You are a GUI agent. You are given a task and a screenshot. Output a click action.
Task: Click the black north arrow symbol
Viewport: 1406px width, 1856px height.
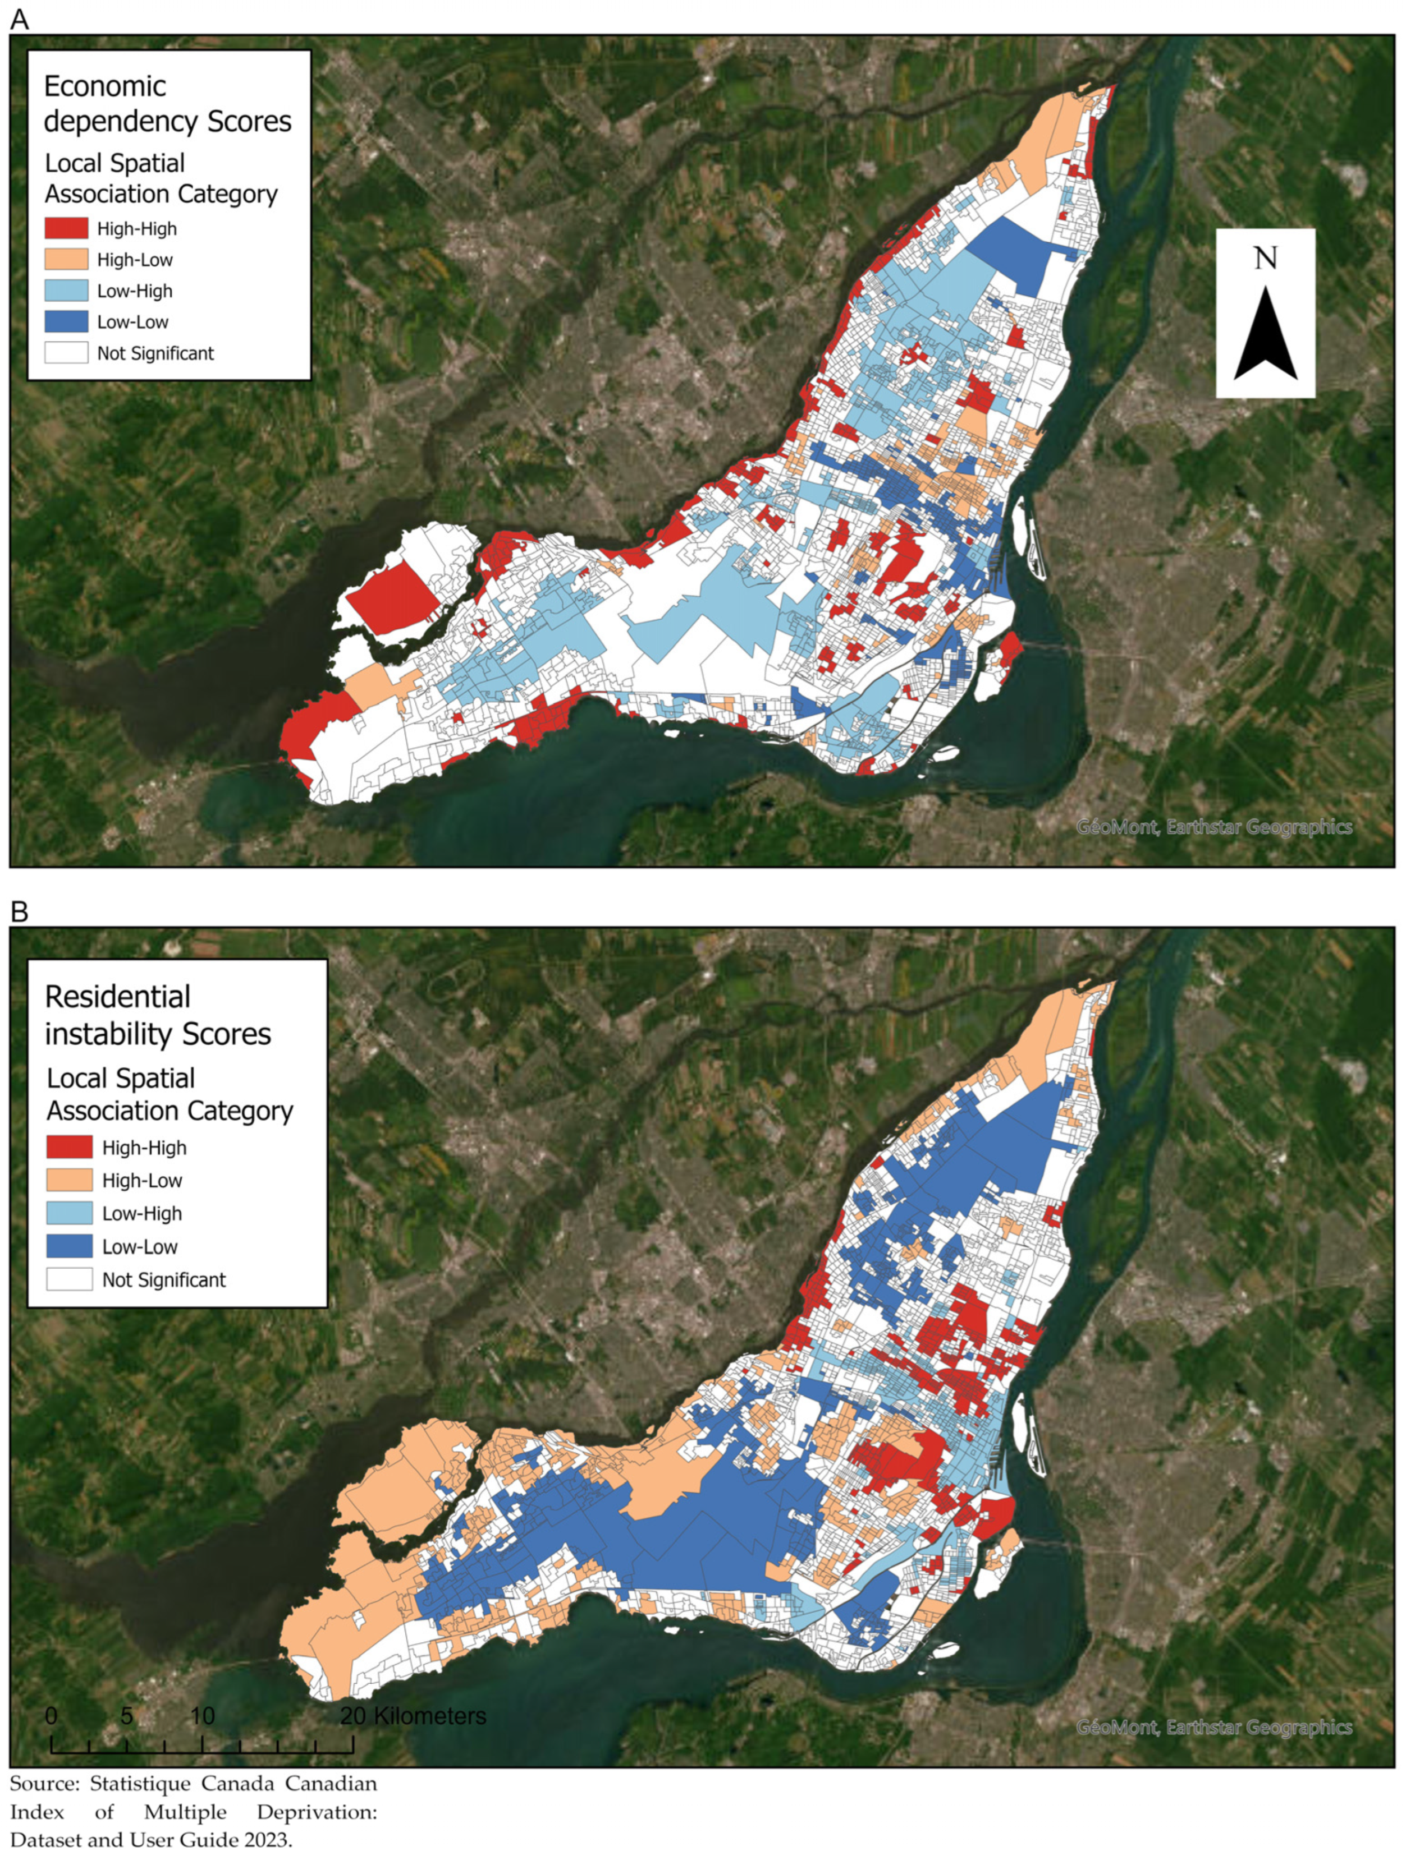[x=1265, y=335]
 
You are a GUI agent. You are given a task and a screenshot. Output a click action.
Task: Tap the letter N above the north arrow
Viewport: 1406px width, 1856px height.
[x=1265, y=257]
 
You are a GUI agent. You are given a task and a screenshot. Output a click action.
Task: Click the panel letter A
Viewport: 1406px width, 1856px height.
[x=19, y=19]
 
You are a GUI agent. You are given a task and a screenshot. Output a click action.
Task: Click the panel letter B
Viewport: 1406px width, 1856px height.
[x=19, y=911]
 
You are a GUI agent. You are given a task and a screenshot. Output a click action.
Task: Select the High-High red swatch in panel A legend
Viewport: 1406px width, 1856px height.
[x=66, y=228]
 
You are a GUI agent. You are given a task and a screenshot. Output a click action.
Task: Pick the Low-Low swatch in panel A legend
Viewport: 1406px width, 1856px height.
[x=66, y=321]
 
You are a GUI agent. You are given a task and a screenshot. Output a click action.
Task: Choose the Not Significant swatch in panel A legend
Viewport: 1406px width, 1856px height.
[x=66, y=352]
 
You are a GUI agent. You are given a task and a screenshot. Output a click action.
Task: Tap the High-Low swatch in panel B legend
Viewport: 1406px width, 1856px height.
[x=69, y=1180]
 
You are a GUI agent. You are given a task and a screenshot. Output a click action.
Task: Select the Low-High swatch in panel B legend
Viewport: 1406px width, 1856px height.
[x=69, y=1213]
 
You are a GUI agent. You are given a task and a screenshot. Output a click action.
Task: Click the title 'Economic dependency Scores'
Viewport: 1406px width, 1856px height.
[x=167, y=103]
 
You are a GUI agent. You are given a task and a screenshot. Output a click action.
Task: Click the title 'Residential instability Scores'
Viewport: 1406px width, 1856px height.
[x=157, y=1015]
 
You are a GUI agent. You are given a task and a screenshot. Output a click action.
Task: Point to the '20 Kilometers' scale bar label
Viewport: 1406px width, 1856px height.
[x=413, y=1716]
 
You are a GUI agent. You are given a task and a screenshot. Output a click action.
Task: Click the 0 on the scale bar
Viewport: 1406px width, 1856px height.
[x=51, y=1716]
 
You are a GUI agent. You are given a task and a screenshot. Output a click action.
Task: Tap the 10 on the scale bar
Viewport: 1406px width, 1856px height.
[x=201, y=1716]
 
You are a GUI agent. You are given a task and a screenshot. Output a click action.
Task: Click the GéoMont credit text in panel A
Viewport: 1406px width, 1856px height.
[x=1214, y=827]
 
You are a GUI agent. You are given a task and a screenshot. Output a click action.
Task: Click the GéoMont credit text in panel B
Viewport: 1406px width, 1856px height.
[x=1214, y=1727]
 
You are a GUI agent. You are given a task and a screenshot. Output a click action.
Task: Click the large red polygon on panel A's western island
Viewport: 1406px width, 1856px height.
[x=388, y=597]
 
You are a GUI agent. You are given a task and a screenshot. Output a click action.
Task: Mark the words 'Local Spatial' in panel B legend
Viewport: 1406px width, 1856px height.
[x=120, y=1078]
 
